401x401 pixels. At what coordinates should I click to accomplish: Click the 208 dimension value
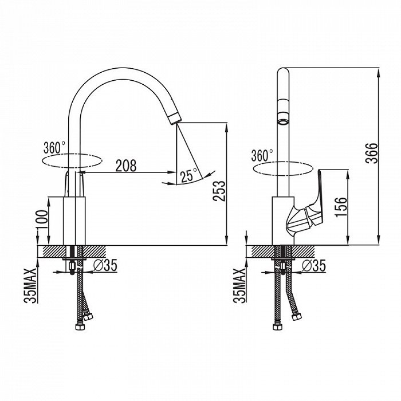pyautogui.click(x=126, y=166)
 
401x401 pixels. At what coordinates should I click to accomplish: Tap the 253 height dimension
pyautogui.click(x=219, y=191)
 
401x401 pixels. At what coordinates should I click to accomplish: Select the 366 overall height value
pyautogui.click(x=372, y=153)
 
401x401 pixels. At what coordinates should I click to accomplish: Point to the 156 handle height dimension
pyautogui.click(x=341, y=207)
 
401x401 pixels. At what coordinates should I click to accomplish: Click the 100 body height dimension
pyautogui.click(x=42, y=219)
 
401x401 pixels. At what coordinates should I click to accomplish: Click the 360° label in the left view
pyautogui.click(x=54, y=148)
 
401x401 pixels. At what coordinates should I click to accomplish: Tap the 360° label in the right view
pyautogui.click(x=262, y=155)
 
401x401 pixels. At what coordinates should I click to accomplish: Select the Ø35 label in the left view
pyautogui.click(x=105, y=265)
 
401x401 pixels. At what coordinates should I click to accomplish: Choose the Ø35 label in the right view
pyautogui.click(x=314, y=265)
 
